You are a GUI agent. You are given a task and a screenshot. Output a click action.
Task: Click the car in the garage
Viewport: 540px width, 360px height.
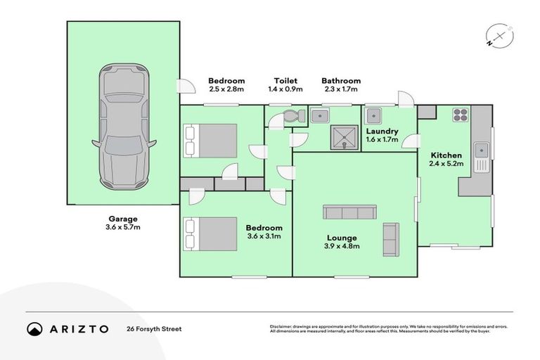point(124,127)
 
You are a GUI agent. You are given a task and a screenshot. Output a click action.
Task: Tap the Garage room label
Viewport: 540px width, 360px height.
point(124,219)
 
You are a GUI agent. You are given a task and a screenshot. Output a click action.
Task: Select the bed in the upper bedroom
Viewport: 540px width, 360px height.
point(210,141)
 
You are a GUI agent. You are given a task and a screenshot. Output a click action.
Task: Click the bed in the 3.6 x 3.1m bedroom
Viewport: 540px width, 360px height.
point(210,233)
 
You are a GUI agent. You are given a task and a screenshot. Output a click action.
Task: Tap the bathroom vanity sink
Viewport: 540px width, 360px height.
point(320,115)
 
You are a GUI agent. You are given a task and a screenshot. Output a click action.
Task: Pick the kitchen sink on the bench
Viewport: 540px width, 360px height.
point(482,150)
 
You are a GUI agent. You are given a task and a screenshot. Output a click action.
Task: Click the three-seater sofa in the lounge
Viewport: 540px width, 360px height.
point(349,212)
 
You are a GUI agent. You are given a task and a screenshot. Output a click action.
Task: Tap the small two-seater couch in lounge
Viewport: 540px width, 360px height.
point(390,239)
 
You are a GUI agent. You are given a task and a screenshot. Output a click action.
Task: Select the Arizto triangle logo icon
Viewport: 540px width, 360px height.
point(34,328)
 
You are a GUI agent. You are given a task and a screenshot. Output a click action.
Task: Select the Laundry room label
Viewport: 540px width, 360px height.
point(382,131)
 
